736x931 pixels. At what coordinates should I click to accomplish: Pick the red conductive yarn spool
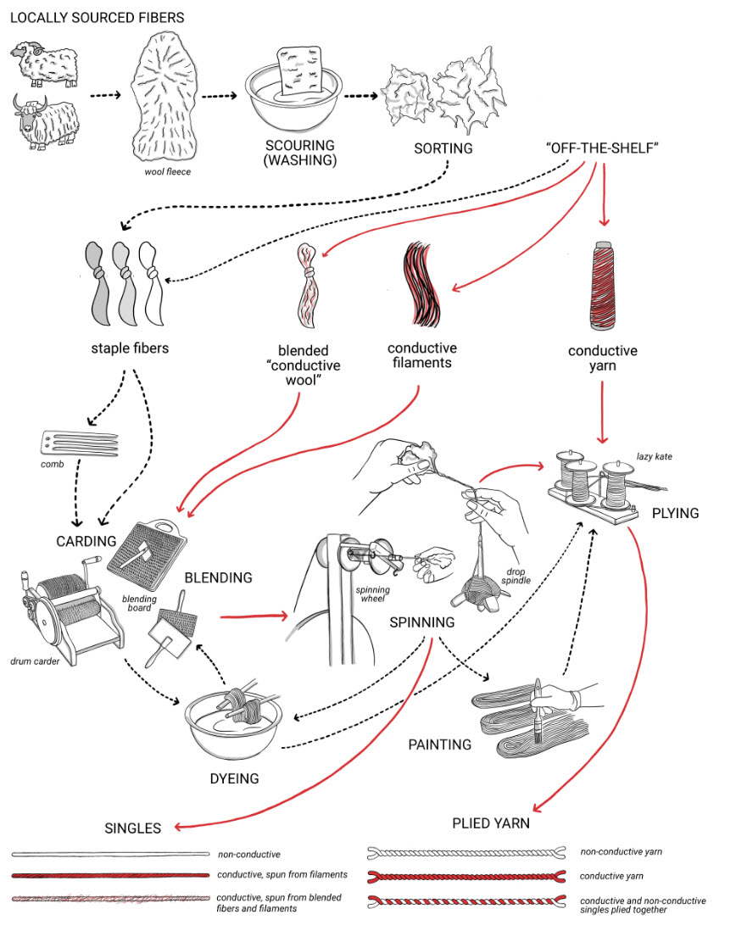(x=603, y=285)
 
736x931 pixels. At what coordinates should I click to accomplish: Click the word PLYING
(x=675, y=514)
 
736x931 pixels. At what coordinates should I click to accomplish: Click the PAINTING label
(x=439, y=745)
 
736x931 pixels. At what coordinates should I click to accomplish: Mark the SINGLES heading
(x=132, y=828)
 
